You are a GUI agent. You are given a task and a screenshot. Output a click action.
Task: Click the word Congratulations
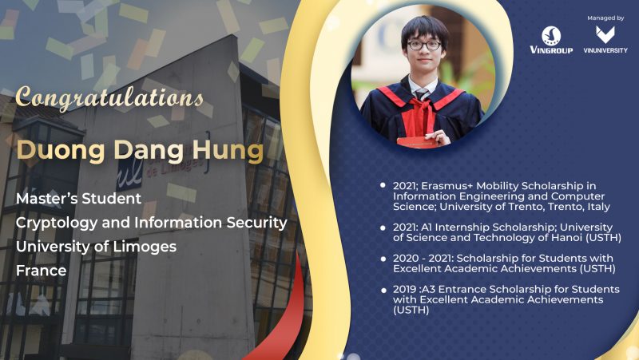point(109,98)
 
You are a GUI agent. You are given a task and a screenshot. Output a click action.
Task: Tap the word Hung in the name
point(228,151)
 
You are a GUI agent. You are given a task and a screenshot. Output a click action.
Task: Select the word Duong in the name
point(62,150)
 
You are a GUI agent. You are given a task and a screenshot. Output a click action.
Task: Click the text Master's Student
point(78,198)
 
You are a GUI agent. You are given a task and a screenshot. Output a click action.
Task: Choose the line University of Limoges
point(96,247)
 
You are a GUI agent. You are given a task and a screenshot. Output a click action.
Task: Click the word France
point(42,271)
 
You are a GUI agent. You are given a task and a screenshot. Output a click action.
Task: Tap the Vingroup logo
point(551,40)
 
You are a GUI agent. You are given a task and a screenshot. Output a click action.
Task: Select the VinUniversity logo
point(605,39)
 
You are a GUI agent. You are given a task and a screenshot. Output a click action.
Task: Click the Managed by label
point(605,18)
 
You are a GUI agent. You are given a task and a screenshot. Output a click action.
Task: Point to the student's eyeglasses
point(424,45)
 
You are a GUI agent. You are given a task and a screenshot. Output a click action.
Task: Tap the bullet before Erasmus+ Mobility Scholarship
point(383,185)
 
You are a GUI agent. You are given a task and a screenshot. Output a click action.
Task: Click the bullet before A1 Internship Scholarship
point(383,227)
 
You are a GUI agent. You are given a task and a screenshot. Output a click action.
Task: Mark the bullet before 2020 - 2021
point(383,259)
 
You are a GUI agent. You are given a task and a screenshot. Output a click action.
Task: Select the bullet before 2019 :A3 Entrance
point(383,291)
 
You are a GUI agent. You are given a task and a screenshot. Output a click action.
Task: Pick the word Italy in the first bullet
point(598,207)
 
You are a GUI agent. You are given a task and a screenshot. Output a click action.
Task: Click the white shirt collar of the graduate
point(423,86)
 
